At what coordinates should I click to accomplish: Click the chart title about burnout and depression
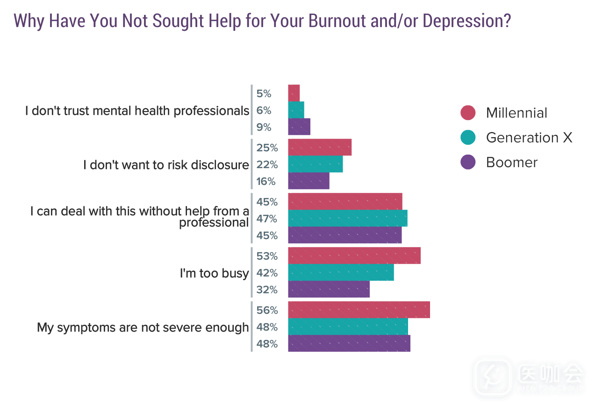(262, 21)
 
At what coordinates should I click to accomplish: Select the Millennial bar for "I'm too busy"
(354, 256)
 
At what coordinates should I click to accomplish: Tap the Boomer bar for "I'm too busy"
(329, 290)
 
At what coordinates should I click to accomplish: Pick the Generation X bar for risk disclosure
(315, 164)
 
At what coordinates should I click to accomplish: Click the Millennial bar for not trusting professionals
(294, 93)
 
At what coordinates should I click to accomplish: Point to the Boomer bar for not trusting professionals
(299, 127)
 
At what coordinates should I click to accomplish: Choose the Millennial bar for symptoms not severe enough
(359, 310)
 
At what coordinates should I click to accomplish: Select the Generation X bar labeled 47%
(347, 219)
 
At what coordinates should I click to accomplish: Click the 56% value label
(267, 310)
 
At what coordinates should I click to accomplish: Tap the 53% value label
(267, 256)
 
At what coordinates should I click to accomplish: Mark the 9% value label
(264, 127)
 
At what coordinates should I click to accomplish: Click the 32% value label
(267, 290)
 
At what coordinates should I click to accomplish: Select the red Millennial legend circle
(467, 113)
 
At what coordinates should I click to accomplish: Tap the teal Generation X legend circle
(467, 137)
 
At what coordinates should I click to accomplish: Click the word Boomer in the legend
(512, 162)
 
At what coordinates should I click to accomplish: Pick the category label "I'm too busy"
(214, 273)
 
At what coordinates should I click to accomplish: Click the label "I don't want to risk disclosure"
(166, 165)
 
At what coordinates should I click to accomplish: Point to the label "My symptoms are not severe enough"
(143, 327)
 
